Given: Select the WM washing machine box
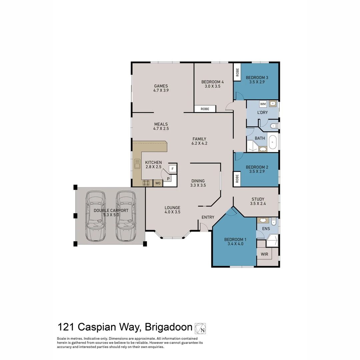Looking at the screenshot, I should (263, 104).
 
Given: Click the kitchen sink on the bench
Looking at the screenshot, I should (137, 164).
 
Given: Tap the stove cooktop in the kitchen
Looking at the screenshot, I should (146, 183).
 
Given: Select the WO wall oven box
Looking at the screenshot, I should (158, 183).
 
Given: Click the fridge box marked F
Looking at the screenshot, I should (172, 169).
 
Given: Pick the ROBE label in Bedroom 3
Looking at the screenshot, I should (237, 72).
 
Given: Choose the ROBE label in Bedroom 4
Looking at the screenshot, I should (205, 109).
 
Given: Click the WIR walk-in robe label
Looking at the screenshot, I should (264, 254).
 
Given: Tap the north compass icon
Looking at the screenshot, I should (200, 328).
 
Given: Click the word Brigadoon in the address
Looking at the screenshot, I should (169, 327).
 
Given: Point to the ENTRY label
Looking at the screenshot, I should (208, 217).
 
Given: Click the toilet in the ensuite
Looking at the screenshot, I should (274, 221).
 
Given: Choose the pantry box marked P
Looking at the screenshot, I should (168, 179).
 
